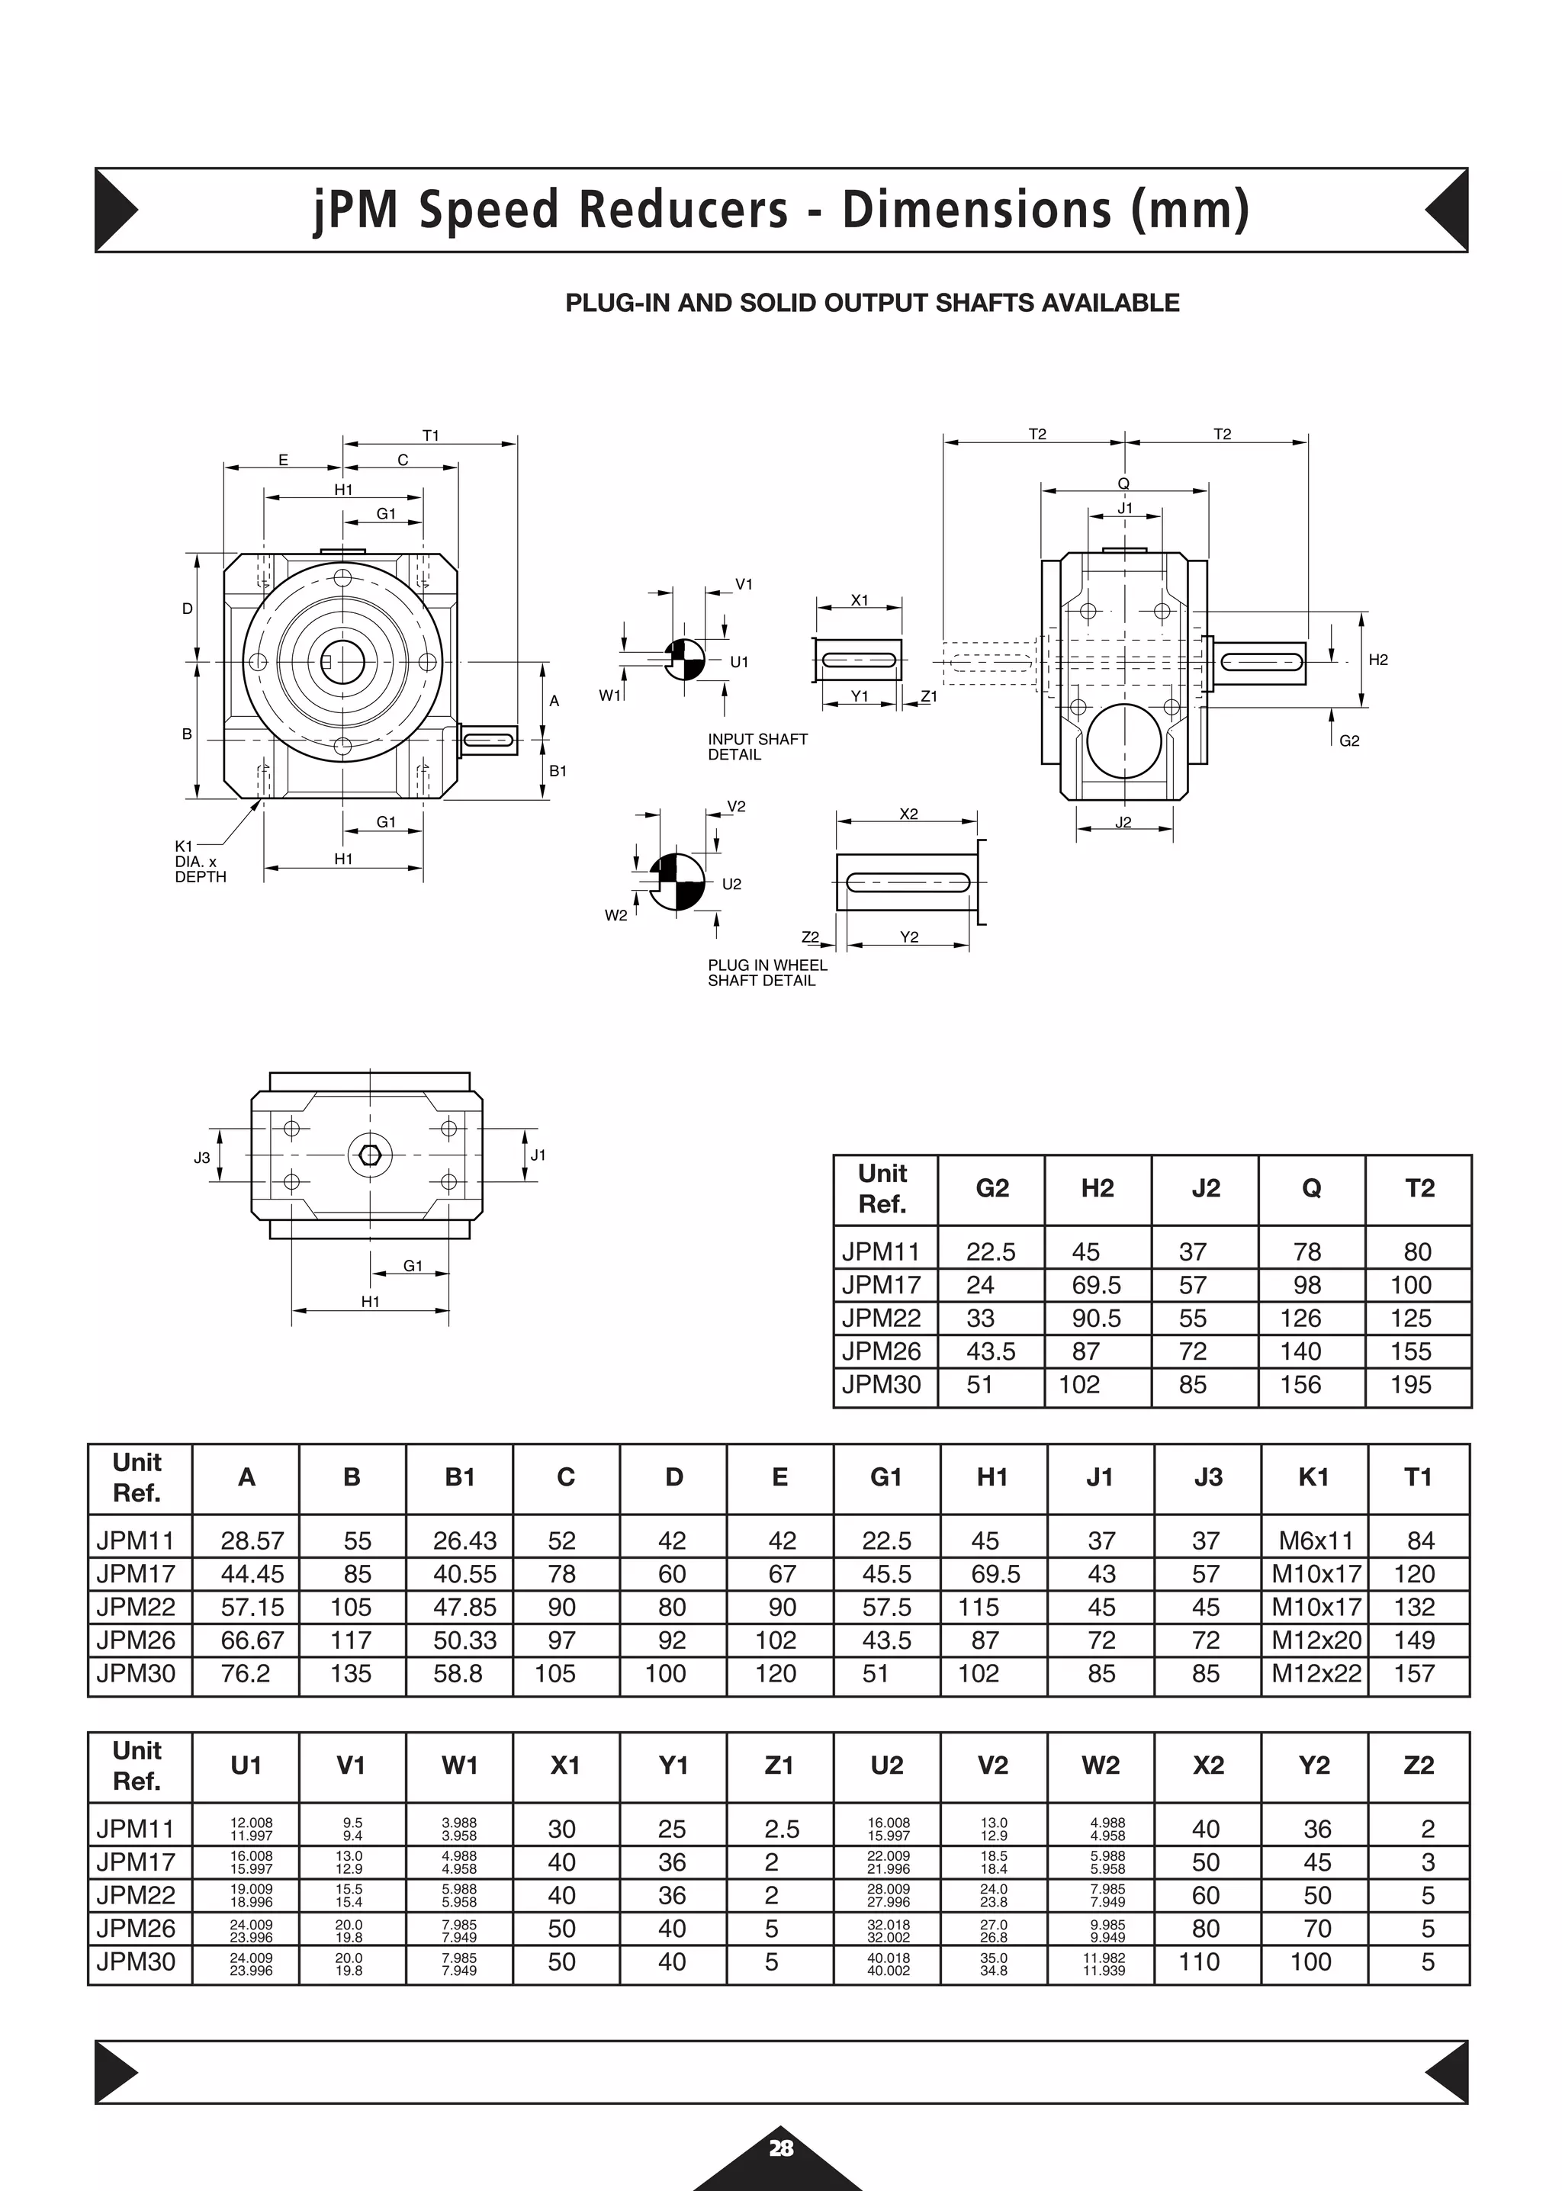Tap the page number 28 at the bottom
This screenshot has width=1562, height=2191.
point(780,2148)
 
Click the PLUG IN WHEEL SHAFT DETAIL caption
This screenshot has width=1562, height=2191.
point(767,972)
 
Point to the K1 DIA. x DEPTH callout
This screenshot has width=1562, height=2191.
point(200,861)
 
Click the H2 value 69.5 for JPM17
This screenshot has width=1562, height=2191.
point(1097,1285)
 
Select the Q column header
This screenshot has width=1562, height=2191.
point(1311,1189)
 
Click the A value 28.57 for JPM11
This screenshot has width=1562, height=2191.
point(252,1540)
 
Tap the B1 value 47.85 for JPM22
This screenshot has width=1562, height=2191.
point(464,1607)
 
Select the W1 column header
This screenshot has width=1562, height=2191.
point(460,1766)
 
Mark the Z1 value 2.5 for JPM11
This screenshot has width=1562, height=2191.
point(782,1830)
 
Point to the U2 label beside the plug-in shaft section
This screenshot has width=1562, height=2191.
point(731,884)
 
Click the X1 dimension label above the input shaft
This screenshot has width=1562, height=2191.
point(859,600)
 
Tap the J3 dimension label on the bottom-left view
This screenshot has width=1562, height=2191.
point(202,1158)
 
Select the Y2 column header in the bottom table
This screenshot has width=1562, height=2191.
point(1314,1766)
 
